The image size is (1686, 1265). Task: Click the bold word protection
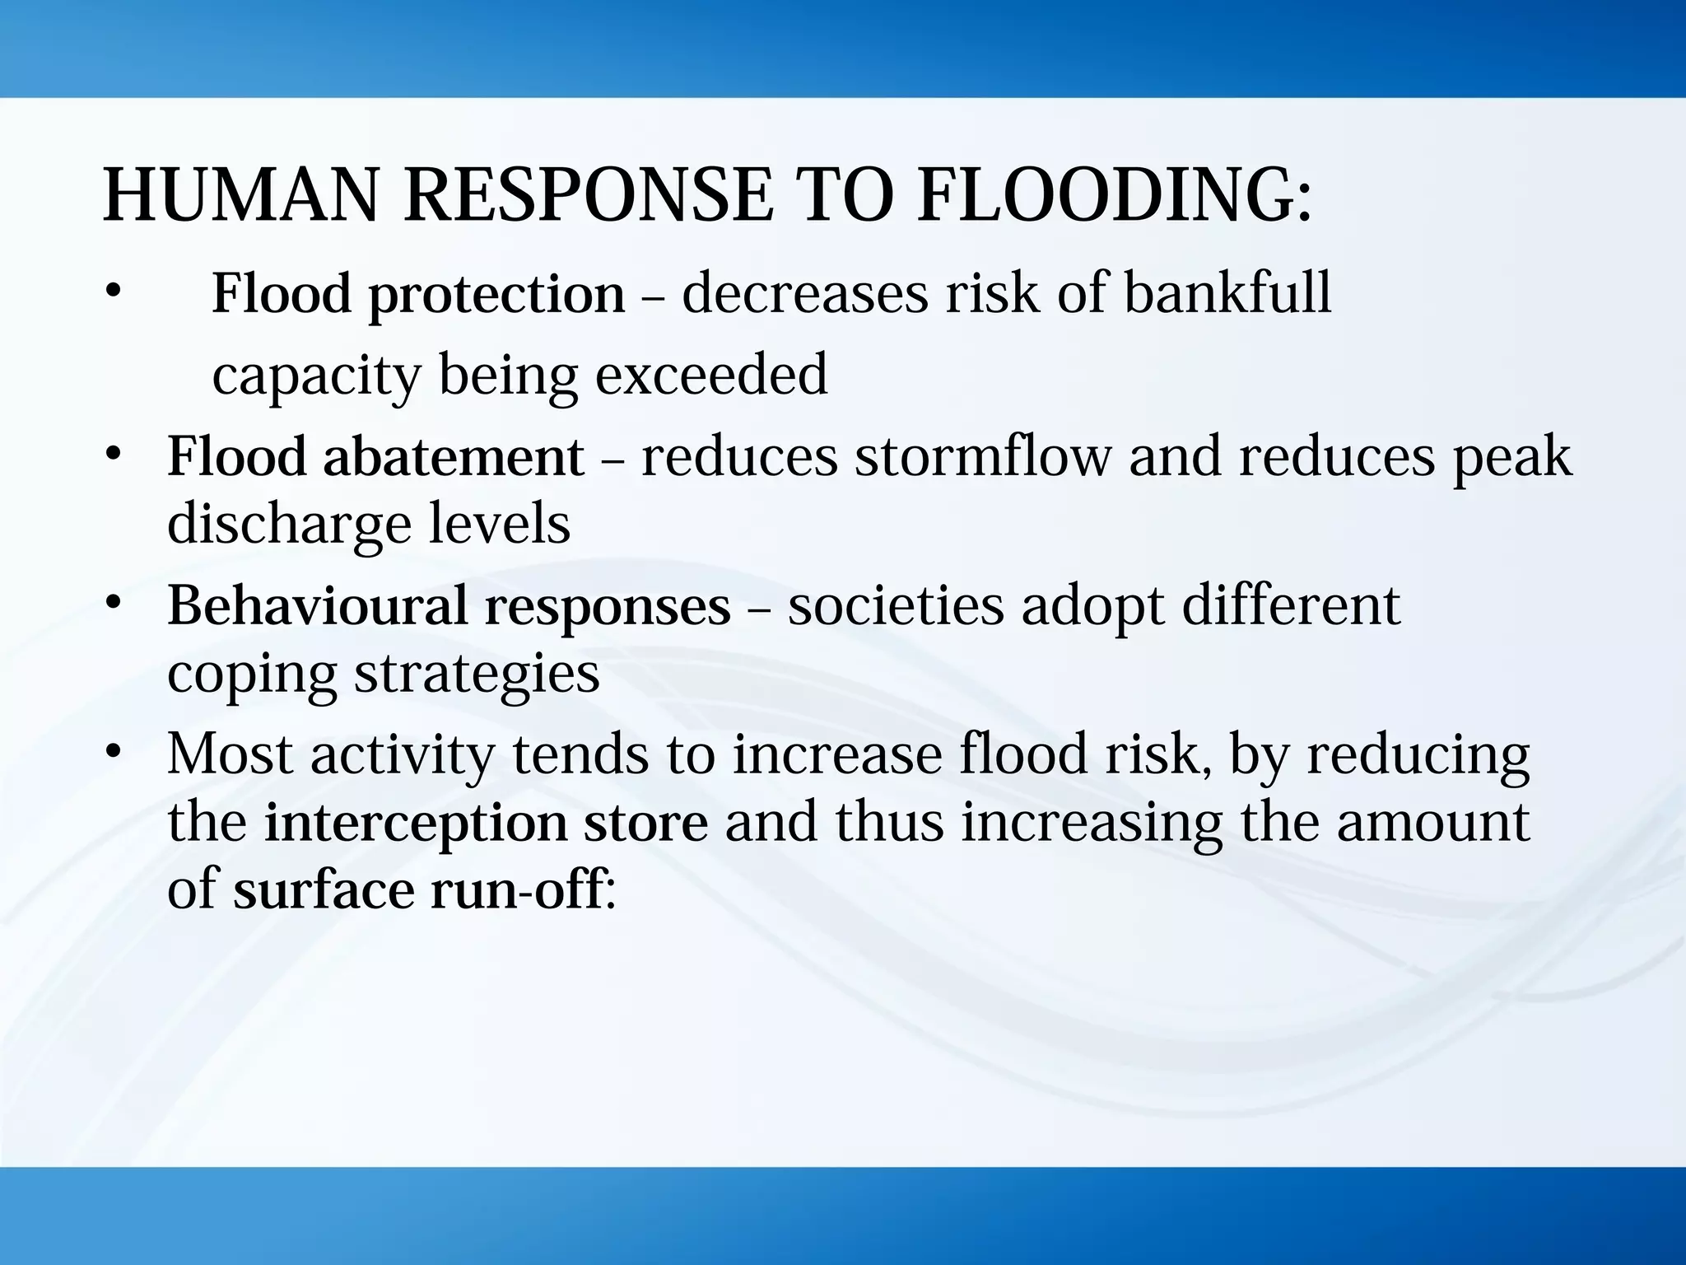496,294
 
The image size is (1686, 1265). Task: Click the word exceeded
711,375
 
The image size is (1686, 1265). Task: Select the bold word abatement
454,457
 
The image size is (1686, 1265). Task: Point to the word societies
896,605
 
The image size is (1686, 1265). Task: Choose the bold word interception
416,824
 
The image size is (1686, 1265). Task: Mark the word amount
1432,822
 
